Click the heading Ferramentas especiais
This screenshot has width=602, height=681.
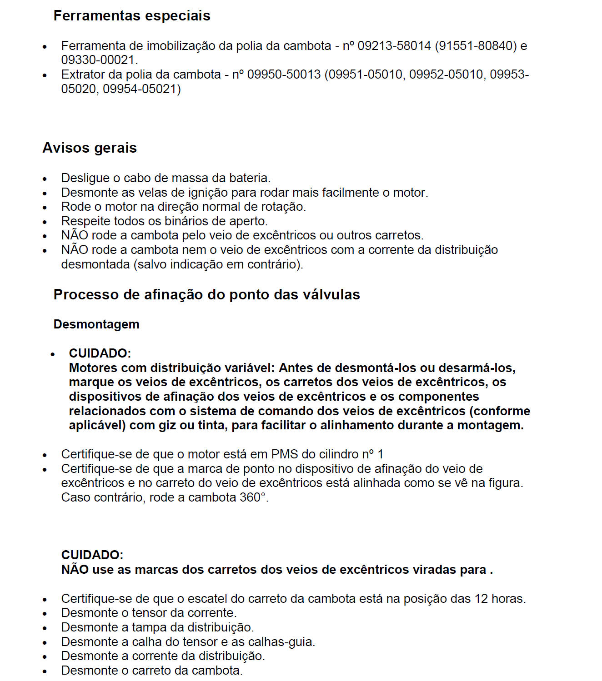132,16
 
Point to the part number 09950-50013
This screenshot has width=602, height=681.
284,75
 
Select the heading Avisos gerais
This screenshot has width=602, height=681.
90,148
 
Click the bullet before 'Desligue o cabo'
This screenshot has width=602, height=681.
45,179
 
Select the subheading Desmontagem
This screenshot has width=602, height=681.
96,324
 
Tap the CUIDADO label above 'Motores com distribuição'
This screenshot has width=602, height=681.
100,353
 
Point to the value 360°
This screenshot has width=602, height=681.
252,497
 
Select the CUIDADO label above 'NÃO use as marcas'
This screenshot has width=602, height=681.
92,555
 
